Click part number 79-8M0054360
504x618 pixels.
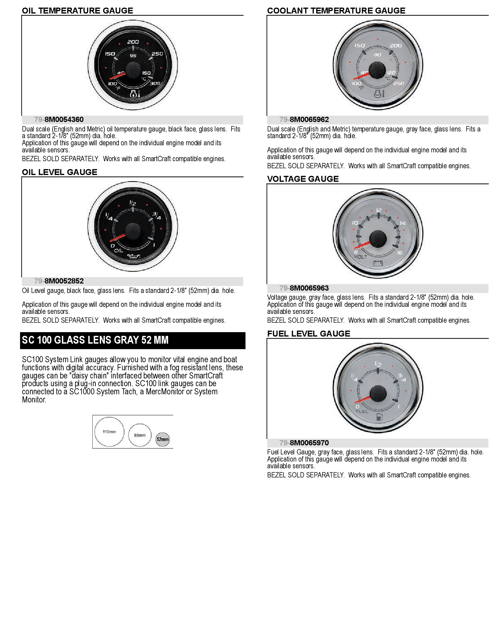59,120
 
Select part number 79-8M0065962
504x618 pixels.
304,120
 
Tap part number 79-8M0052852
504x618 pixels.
59,281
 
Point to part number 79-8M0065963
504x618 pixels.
304,288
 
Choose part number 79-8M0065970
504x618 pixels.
304,443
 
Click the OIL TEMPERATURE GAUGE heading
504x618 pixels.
77,11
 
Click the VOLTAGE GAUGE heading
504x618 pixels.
303,179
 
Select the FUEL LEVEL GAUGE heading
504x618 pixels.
308,334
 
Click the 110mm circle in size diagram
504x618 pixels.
109,432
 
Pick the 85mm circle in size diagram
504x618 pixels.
140,435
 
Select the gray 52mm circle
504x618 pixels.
163,439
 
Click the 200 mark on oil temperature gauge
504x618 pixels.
133,42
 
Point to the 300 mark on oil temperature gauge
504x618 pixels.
155,83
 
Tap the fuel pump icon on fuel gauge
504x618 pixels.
380,417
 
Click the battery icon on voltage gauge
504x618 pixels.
378,263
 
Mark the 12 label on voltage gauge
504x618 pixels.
379,210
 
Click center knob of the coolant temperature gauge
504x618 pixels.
377,70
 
